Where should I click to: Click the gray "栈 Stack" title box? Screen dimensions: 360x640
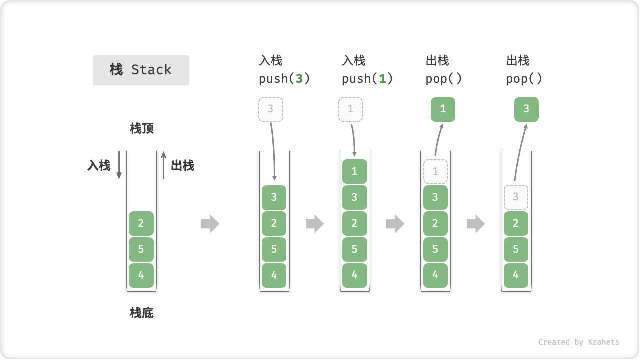pyautogui.click(x=141, y=70)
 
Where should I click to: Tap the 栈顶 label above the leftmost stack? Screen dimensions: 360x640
pyautogui.click(x=142, y=129)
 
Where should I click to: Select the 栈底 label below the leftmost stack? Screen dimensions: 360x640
pyautogui.click(x=142, y=313)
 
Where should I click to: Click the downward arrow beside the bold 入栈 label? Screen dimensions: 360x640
pyautogui.click(x=119, y=165)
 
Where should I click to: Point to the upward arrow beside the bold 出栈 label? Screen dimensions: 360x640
pyautogui.click(x=163, y=165)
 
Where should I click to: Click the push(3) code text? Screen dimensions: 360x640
pyautogui.click(x=284, y=79)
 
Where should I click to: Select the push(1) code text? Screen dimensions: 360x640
pyautogui.click(x=367, y=79)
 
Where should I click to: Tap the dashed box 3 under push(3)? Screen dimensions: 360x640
pyautogui.click(x=271, y=109)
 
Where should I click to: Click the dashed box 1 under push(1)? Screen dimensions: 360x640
pyautogui.click(x=351, y=109)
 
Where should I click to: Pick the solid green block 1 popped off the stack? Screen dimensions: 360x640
pyautogui.click(x=443, y=109)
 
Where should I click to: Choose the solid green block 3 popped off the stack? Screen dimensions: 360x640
pyautogui.click(x=526, y=109)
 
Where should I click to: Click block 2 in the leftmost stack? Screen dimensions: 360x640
pyautogui.click(x=141, y=223)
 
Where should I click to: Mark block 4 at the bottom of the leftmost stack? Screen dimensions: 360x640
pyautogui.click(x=141, y=275)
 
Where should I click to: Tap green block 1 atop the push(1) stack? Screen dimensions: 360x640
pyautogui.click(x=354, y=171)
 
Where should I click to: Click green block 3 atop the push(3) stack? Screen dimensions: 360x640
pyautogui.click(x=274, y=197)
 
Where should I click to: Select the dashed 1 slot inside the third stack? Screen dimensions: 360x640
pyautogui.click(x=435, y=171)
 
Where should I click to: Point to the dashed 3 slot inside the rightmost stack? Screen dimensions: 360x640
pyautogui.click(x=516, y=197)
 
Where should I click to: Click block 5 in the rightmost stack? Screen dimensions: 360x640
pyautogui.click(x=516, y=249)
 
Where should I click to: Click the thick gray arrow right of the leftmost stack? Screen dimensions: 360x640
pyautogui.click(x=210, y=224)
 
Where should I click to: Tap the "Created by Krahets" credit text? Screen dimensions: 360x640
pyautogui.click(x=578, y=342)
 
